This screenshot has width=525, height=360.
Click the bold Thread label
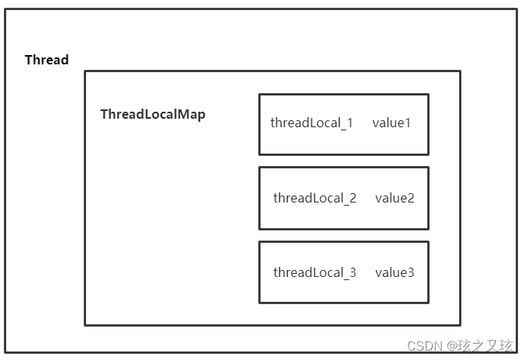[x=47, y=61]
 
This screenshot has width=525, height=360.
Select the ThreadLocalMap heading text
[x=153, y=115]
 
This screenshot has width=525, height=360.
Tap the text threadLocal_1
[x=311, y=123]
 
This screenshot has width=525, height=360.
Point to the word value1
[x=392, y=123]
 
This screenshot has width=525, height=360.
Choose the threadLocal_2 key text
[x=314, y=198]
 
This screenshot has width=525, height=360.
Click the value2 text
[x=395, y=198]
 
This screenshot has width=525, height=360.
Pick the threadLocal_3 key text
[x=314, y=272]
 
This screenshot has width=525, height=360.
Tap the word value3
[x=395, y=272]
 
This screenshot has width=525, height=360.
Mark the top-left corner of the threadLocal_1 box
[x=259, y=95]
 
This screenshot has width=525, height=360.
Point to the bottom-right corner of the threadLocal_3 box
[x=428, y=303]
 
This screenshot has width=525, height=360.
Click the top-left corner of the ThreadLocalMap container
[x=85, y=71]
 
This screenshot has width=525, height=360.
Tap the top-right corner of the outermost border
[x=516, y=9]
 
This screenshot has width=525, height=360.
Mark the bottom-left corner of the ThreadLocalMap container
[x=85, y=325]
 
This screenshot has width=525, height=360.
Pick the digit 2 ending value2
[x=411, y=198]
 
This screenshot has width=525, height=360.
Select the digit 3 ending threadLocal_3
[x=353, y=272]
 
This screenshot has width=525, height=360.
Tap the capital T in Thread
[x=29, y=61]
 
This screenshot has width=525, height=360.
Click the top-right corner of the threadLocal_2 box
[x=428, y=168]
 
